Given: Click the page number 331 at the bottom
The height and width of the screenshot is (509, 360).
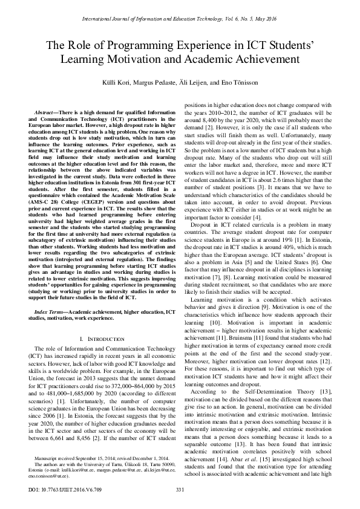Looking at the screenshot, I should point(180,489).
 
